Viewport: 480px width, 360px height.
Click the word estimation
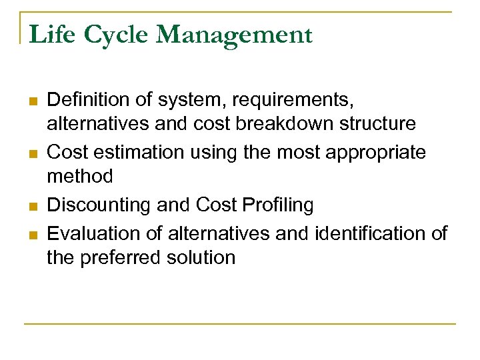134,153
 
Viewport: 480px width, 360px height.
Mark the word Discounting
100,205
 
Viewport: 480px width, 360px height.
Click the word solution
204,257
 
